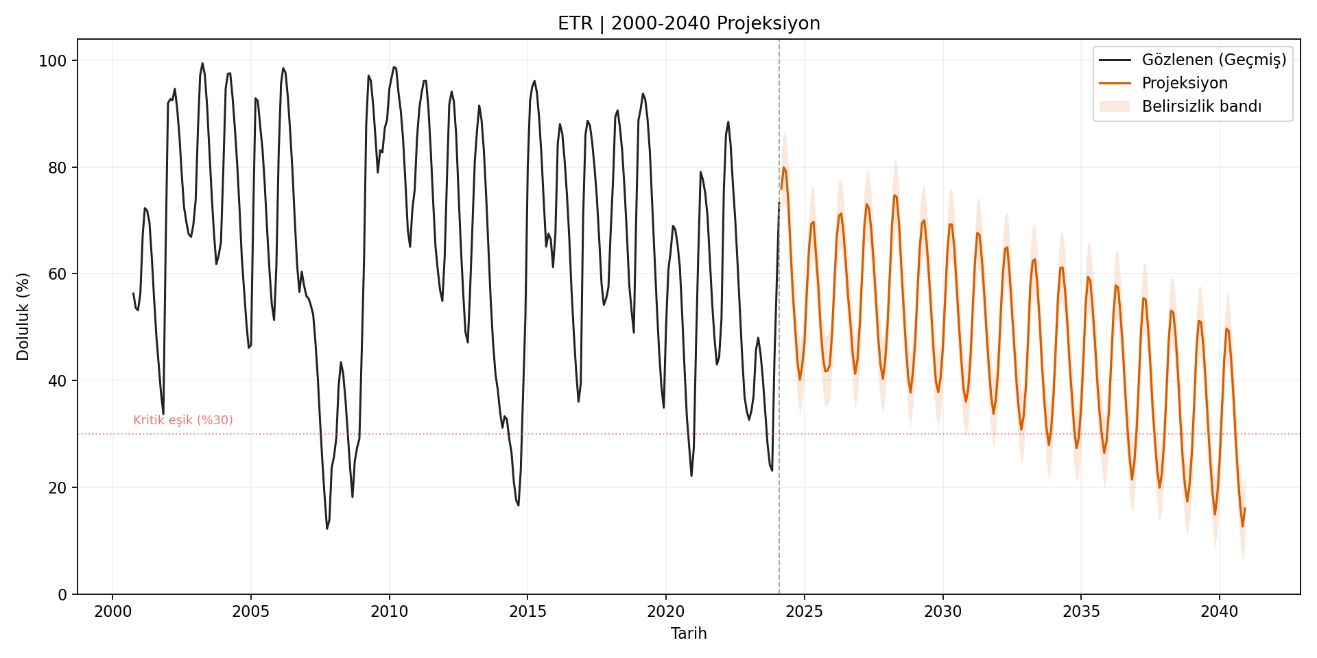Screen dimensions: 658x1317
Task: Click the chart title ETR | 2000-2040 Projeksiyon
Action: pos(689,23)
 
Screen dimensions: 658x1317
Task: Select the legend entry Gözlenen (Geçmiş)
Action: pos(1213,60)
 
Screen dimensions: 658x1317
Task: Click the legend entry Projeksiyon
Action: pos(1184,84)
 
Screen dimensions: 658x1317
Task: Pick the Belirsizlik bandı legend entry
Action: pos(1201,107)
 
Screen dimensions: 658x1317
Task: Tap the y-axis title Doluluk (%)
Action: pos(23,317)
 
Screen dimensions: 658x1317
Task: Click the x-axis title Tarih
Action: pos(689,633)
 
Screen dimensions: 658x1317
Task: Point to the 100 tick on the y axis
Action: pos(53,61)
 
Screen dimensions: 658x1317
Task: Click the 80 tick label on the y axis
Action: pos(57,168)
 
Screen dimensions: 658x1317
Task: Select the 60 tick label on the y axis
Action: pos(57,274)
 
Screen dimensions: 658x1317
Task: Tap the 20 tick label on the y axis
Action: pos(57,488)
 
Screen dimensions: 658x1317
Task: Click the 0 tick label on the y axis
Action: pos(62,595)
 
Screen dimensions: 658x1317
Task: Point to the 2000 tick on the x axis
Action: pos(112,611)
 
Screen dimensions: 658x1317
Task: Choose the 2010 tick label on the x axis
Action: pos(389,611)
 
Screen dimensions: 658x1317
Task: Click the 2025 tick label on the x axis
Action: pos(804,611)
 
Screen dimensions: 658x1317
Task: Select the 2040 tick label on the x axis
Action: pos(1219,611)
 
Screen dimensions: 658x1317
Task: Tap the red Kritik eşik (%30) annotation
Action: pos(183,420)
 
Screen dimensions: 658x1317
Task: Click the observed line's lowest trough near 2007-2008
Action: pos(327,528)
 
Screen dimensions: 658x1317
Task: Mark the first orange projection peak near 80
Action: pos(783,167)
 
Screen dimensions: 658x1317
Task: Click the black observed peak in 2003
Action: pos(202,63)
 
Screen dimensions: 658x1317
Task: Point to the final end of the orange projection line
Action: pos(1245,509)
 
